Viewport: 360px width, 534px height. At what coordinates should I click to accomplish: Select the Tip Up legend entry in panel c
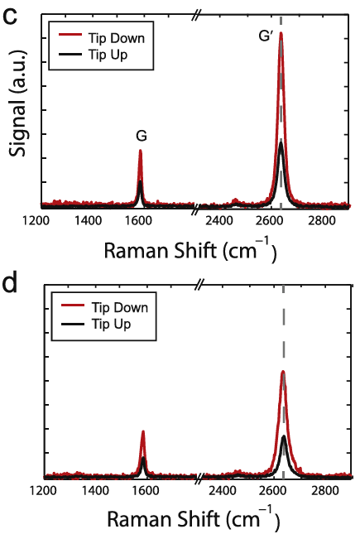[x=96, y=55]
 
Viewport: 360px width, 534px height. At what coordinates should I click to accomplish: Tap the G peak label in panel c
[x=140, y=134]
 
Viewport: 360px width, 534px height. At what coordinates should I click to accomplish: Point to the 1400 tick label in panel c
[x=89, y=221]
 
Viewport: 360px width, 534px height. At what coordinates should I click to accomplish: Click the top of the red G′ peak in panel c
[x=281, y=34]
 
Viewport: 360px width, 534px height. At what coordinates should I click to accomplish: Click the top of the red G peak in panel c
[x=140, y=151]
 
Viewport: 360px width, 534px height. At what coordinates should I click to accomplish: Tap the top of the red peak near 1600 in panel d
[x=143, y=431]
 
